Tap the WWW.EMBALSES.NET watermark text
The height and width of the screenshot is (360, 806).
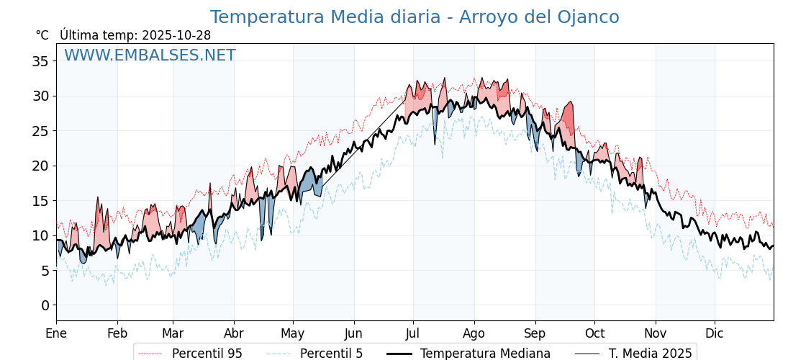point(150,55)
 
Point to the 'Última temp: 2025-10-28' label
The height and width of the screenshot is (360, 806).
point(135,35)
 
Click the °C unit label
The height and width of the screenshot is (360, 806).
point(42,35)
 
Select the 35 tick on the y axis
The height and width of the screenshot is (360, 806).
point(40,61)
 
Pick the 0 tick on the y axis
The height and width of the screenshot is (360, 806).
point(45,305)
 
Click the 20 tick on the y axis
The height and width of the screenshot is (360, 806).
point(40,166)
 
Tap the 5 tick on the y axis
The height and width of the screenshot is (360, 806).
point(45,271)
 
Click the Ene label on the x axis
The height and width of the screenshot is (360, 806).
point(56,333)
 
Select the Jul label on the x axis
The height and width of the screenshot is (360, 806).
point(413,333)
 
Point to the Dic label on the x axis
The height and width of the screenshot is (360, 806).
point(714,333)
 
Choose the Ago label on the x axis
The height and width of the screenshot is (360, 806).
point(474,333)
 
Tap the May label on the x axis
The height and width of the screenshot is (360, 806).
point(292,333)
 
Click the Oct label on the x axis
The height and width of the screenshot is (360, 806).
point(594,333)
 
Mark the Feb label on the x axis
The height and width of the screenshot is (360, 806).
point(117,333)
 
